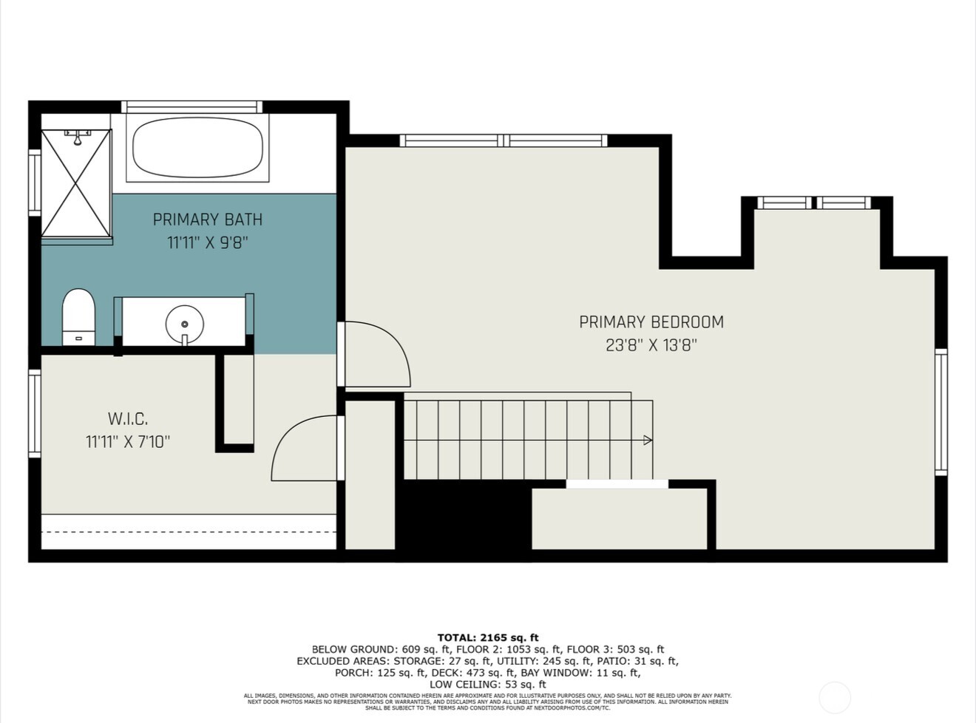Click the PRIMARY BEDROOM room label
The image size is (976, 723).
click(651, 322)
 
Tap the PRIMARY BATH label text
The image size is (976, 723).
click(207, 220)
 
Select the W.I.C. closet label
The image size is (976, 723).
click(128, 419)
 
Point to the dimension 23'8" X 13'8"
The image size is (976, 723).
click(651, 345)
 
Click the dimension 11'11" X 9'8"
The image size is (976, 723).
click(207, 242)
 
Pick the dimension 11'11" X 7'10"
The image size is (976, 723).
click(128, 442)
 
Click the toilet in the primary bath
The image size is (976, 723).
click(78, 317)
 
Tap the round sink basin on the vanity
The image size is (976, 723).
click(184, 324)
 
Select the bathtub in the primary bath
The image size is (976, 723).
click(197, 148)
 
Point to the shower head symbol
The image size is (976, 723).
click(77, 138)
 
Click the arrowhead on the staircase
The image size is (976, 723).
click(648, 441)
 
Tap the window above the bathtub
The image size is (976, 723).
click(192, 107)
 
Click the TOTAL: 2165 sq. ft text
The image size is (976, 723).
click(488, 637)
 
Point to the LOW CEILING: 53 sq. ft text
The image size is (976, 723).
click(488, 685)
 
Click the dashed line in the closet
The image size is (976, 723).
click(189, 532)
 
